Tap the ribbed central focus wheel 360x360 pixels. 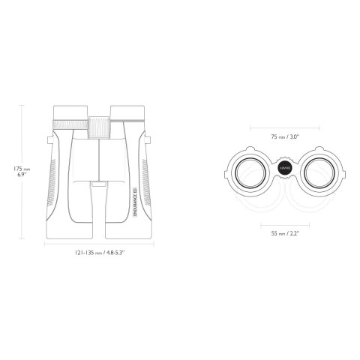pos(99,126)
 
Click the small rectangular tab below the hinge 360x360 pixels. pos(99,181)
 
